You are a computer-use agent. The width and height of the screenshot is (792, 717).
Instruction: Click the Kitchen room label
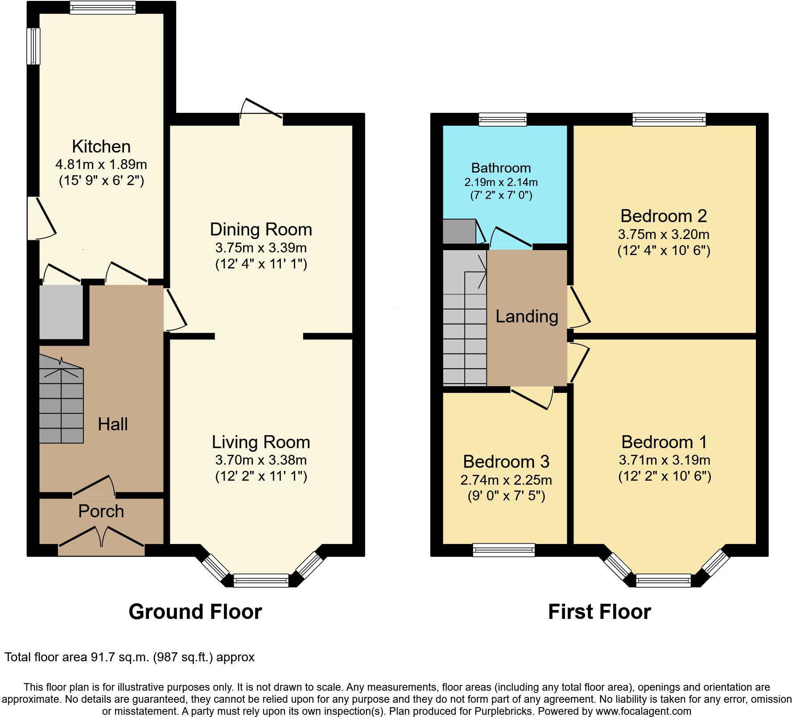101,147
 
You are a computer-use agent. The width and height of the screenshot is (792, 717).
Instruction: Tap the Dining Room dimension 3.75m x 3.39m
260,247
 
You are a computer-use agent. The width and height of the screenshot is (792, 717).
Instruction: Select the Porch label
101,511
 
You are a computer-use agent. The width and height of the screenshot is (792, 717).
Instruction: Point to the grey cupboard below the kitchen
61,312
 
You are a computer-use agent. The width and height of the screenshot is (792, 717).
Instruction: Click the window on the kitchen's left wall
33,46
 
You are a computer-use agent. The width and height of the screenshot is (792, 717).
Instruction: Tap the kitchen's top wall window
103,8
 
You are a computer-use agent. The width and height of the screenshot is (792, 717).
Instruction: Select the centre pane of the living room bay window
261,581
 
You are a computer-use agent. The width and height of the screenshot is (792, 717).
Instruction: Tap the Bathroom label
501,168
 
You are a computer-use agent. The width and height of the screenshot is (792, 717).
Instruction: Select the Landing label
527,317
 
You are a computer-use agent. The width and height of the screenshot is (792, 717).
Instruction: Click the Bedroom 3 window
503,550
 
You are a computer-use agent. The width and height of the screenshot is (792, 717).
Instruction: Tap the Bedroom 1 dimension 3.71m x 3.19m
664,460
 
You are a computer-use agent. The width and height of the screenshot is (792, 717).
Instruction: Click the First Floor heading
599,612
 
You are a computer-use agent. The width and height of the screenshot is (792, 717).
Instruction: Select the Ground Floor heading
195,612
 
